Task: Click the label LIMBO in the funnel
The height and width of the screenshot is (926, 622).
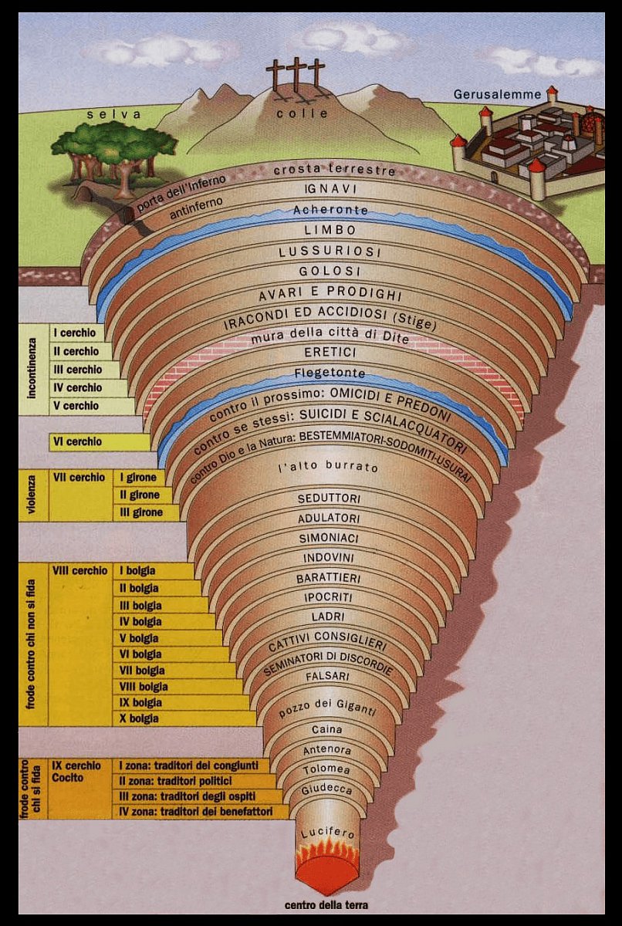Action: point(330,230)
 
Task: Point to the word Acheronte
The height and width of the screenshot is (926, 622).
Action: point(330,210)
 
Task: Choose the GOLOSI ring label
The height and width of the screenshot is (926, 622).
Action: point(330,272)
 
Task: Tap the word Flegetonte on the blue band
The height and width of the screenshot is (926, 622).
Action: point(330,373)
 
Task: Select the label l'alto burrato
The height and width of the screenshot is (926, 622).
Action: point(328,468)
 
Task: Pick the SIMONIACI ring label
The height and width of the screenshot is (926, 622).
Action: point(330,538)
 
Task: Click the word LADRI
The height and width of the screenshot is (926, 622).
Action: point(328,617)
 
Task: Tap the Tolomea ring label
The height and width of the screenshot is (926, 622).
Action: point(326,770)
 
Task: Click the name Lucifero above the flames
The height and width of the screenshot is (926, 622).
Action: point(327,834)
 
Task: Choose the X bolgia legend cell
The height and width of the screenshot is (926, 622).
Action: point(139,718)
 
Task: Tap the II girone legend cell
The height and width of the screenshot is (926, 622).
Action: point(140,495)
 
